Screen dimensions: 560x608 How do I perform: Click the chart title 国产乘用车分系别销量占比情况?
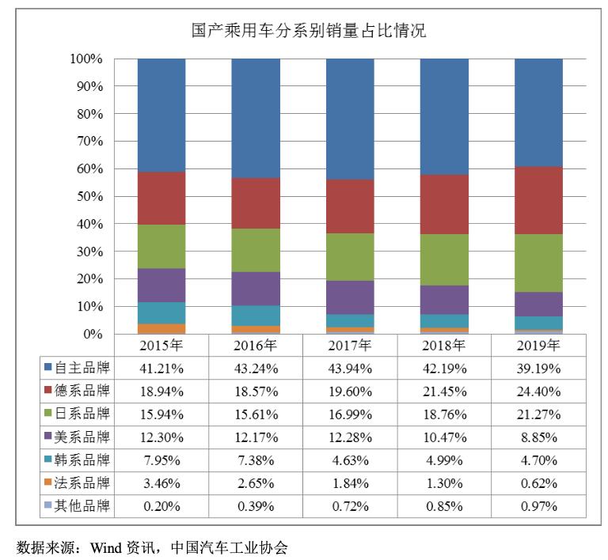point(309,31)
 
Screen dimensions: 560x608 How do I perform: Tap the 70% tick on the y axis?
point(86,142)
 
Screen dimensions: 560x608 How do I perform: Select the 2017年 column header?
point(350,346)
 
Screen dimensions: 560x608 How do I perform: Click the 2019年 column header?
point(538,346)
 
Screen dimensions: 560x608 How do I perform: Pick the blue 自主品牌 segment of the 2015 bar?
point(161,115)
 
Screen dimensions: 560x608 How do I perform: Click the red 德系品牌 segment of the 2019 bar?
point(538,200)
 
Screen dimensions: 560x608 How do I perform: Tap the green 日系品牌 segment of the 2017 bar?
point(350,257)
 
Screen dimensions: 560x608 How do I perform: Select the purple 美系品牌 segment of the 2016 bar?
point(256,289)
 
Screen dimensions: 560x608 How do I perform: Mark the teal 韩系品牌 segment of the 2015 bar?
point(161,313)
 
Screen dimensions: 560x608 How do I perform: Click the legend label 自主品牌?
point(82,368)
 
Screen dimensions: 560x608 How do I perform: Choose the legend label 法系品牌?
point(82,482)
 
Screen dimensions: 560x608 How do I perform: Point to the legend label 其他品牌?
point(82,505)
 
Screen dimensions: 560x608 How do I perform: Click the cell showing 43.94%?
point(350,368)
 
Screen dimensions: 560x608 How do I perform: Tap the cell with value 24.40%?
point(538,391)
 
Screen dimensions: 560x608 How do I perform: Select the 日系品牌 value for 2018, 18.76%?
point(444,414)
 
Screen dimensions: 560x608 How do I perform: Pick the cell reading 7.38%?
point(256,460)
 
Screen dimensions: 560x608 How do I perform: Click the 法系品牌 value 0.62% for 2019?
point(538,482)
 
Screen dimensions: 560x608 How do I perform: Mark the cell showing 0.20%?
point(161,505)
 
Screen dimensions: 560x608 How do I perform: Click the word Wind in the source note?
point(107,547)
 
